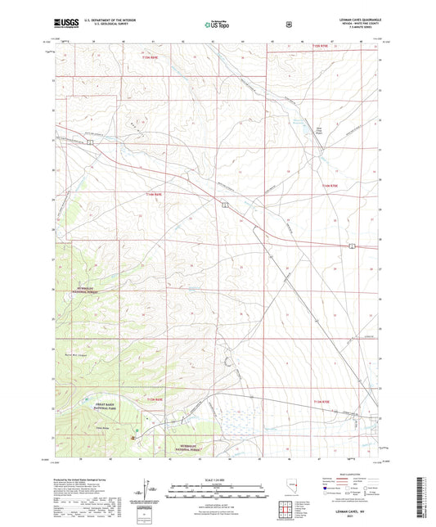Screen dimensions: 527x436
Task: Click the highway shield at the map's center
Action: tap(223, 205)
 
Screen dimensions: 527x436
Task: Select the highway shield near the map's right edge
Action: tap(351, 245)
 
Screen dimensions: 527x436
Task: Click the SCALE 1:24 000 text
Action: tap(217, 480)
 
